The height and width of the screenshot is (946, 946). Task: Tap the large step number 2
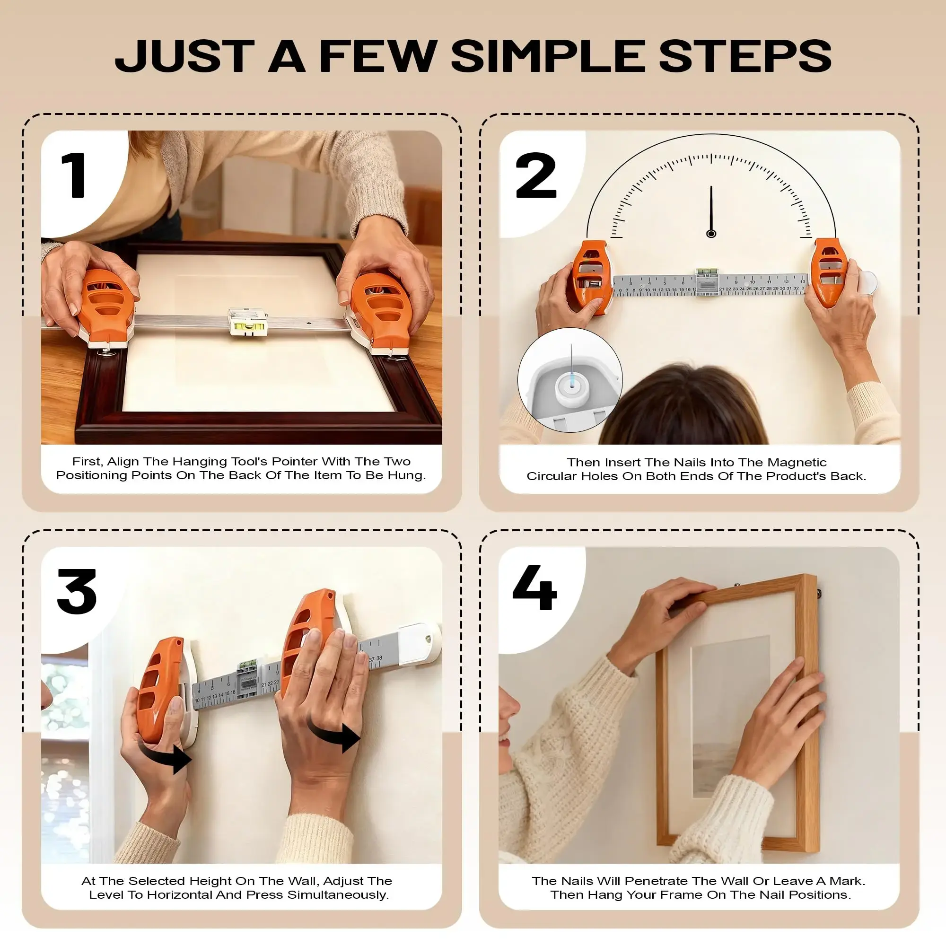(536, 175)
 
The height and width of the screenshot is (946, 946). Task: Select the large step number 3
(77, 592)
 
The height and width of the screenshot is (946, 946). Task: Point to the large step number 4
(534, 587)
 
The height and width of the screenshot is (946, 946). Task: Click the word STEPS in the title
(745, 56)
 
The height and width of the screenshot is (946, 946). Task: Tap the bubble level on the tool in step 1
(248, 323)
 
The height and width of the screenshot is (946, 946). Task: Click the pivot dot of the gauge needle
(711, 234)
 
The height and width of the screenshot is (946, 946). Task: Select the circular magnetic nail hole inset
(570, 380)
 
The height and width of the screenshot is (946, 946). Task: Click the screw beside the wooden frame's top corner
(819, 594)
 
